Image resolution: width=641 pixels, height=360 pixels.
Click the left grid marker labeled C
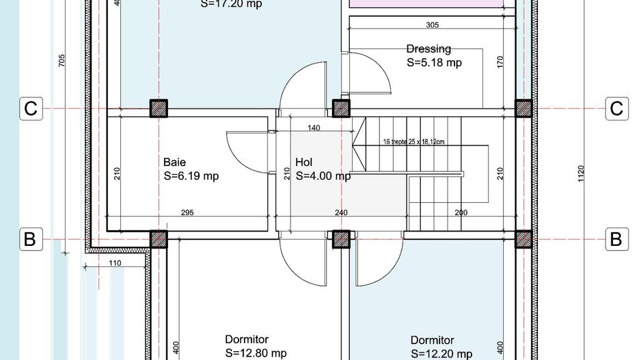pos(31,109)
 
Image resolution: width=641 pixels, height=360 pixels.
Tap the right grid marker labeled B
pos(616,239)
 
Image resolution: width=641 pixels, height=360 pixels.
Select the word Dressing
pos(428,49)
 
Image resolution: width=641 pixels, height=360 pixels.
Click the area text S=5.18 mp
pos(434,62)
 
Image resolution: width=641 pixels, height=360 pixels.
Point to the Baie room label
pos(174,163)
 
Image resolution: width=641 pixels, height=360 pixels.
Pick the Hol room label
pos(304,163)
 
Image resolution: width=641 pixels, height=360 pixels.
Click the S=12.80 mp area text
pos(256,353)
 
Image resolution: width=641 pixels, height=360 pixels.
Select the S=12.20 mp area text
pos(441,354)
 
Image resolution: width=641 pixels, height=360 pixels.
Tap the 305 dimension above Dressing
pos(432,25)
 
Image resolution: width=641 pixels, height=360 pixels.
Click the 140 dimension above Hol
pos(314,128)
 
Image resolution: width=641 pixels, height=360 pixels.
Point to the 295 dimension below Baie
pos(187,212)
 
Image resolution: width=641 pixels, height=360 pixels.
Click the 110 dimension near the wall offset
pos(113,263)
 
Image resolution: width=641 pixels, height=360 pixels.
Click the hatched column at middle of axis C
pos(340,109)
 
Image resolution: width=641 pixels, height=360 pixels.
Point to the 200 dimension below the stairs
pos(461,212)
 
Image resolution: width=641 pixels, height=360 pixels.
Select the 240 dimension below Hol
pos(341,212)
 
